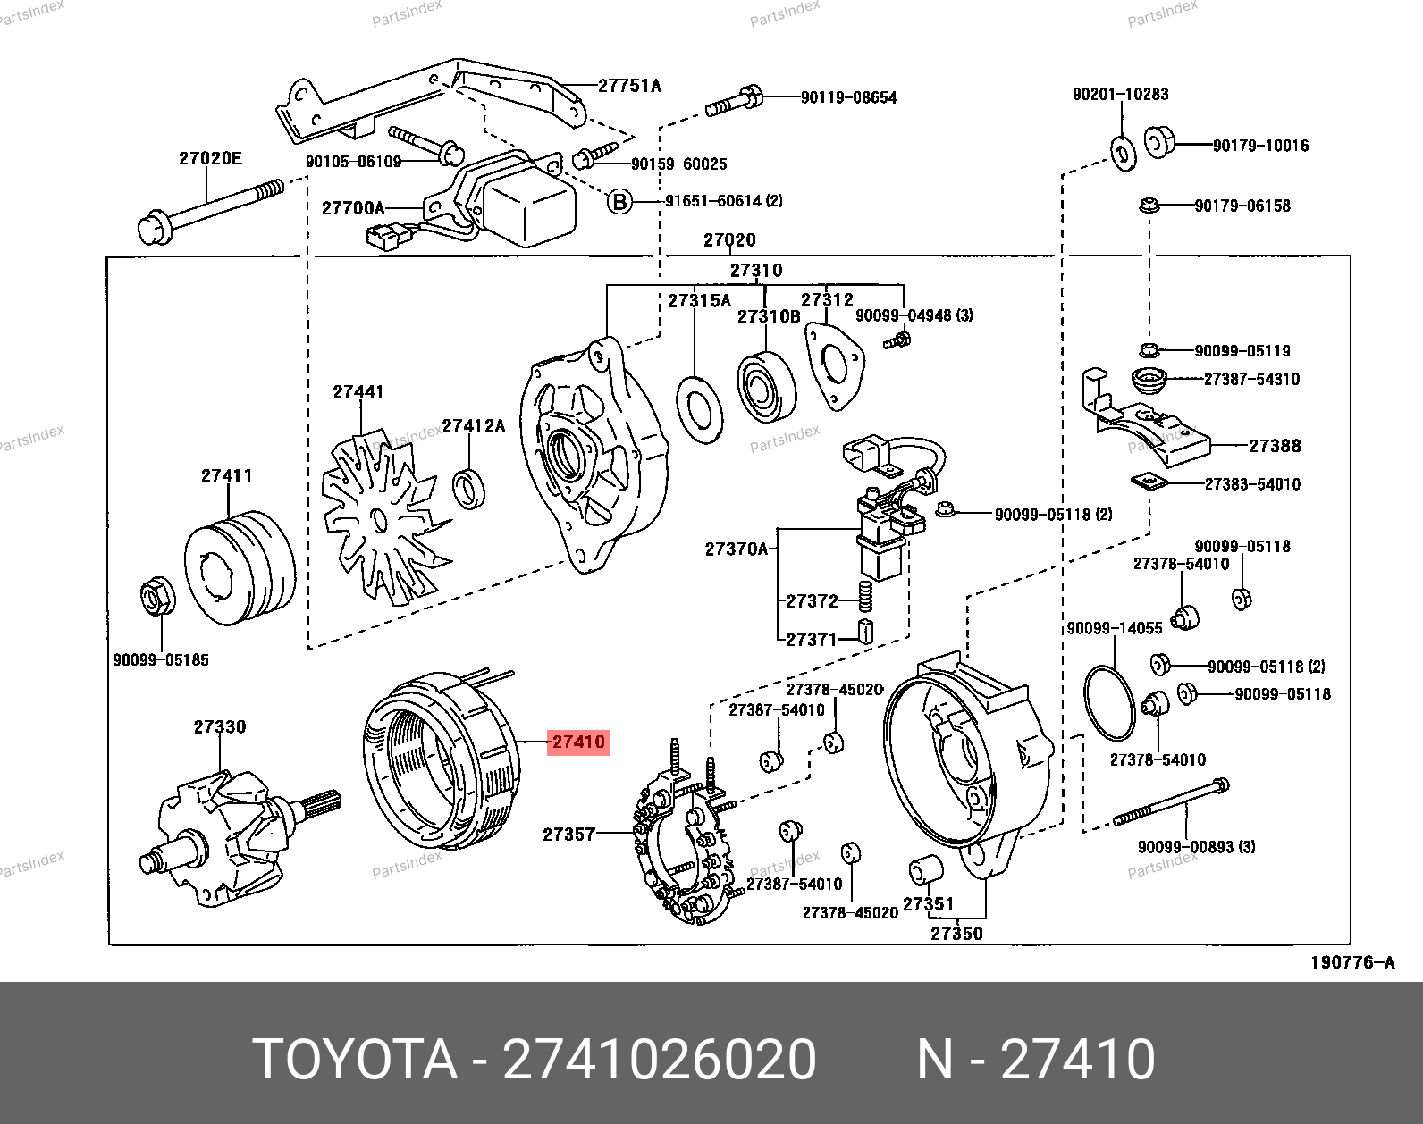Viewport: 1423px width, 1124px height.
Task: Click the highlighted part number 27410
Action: [x=578, y=742]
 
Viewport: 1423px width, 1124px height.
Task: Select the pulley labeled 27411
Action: [x=239, y=562]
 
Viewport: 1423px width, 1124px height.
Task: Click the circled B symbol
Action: [x=619, y=202]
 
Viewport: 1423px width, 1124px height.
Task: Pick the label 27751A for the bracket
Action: [x=629, y=86]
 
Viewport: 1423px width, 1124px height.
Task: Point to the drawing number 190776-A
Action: [x=1352, y=962]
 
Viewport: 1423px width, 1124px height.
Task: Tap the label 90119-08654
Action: [x=847, y=97]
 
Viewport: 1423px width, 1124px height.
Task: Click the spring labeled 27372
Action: [x=864, y=596]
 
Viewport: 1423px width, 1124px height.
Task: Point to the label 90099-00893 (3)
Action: [x=1196, y=845]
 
